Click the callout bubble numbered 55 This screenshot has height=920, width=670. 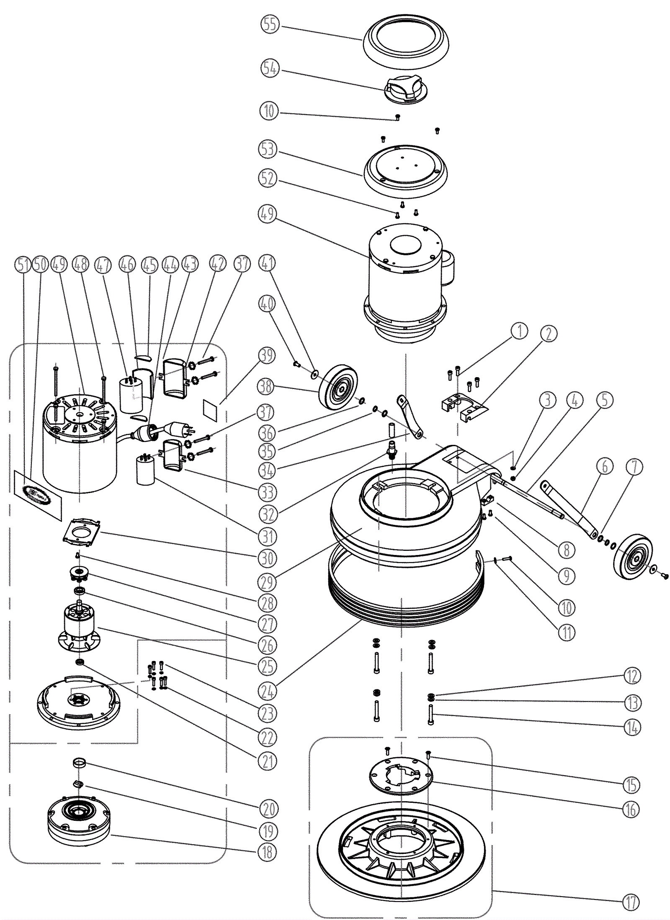269,24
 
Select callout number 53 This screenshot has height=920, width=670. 268,149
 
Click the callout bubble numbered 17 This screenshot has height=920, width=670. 631,902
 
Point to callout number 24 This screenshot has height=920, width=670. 268,692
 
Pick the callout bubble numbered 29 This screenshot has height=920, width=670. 268,582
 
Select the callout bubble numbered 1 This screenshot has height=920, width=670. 520,331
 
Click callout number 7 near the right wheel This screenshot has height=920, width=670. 634,467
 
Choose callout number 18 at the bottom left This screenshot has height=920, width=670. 268,852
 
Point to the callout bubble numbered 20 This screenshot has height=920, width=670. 268,809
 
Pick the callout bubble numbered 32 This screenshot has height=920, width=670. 268,514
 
